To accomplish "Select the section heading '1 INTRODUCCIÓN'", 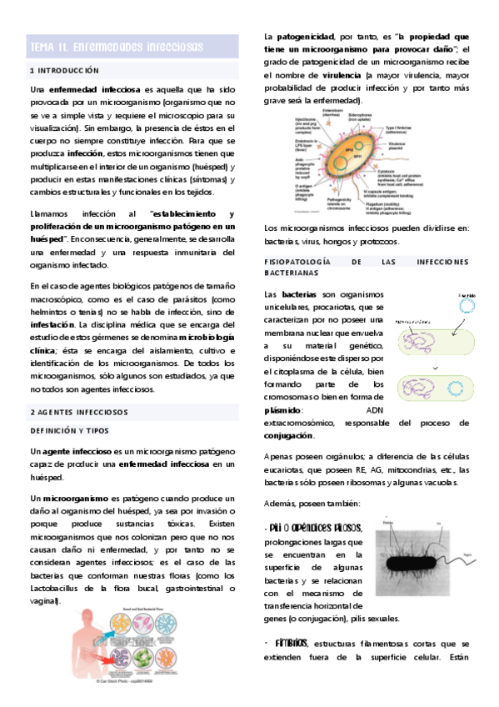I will click(64, 71).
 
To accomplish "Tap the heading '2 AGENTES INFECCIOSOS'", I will click(79, 412).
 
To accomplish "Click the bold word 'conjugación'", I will click(289, 436).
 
